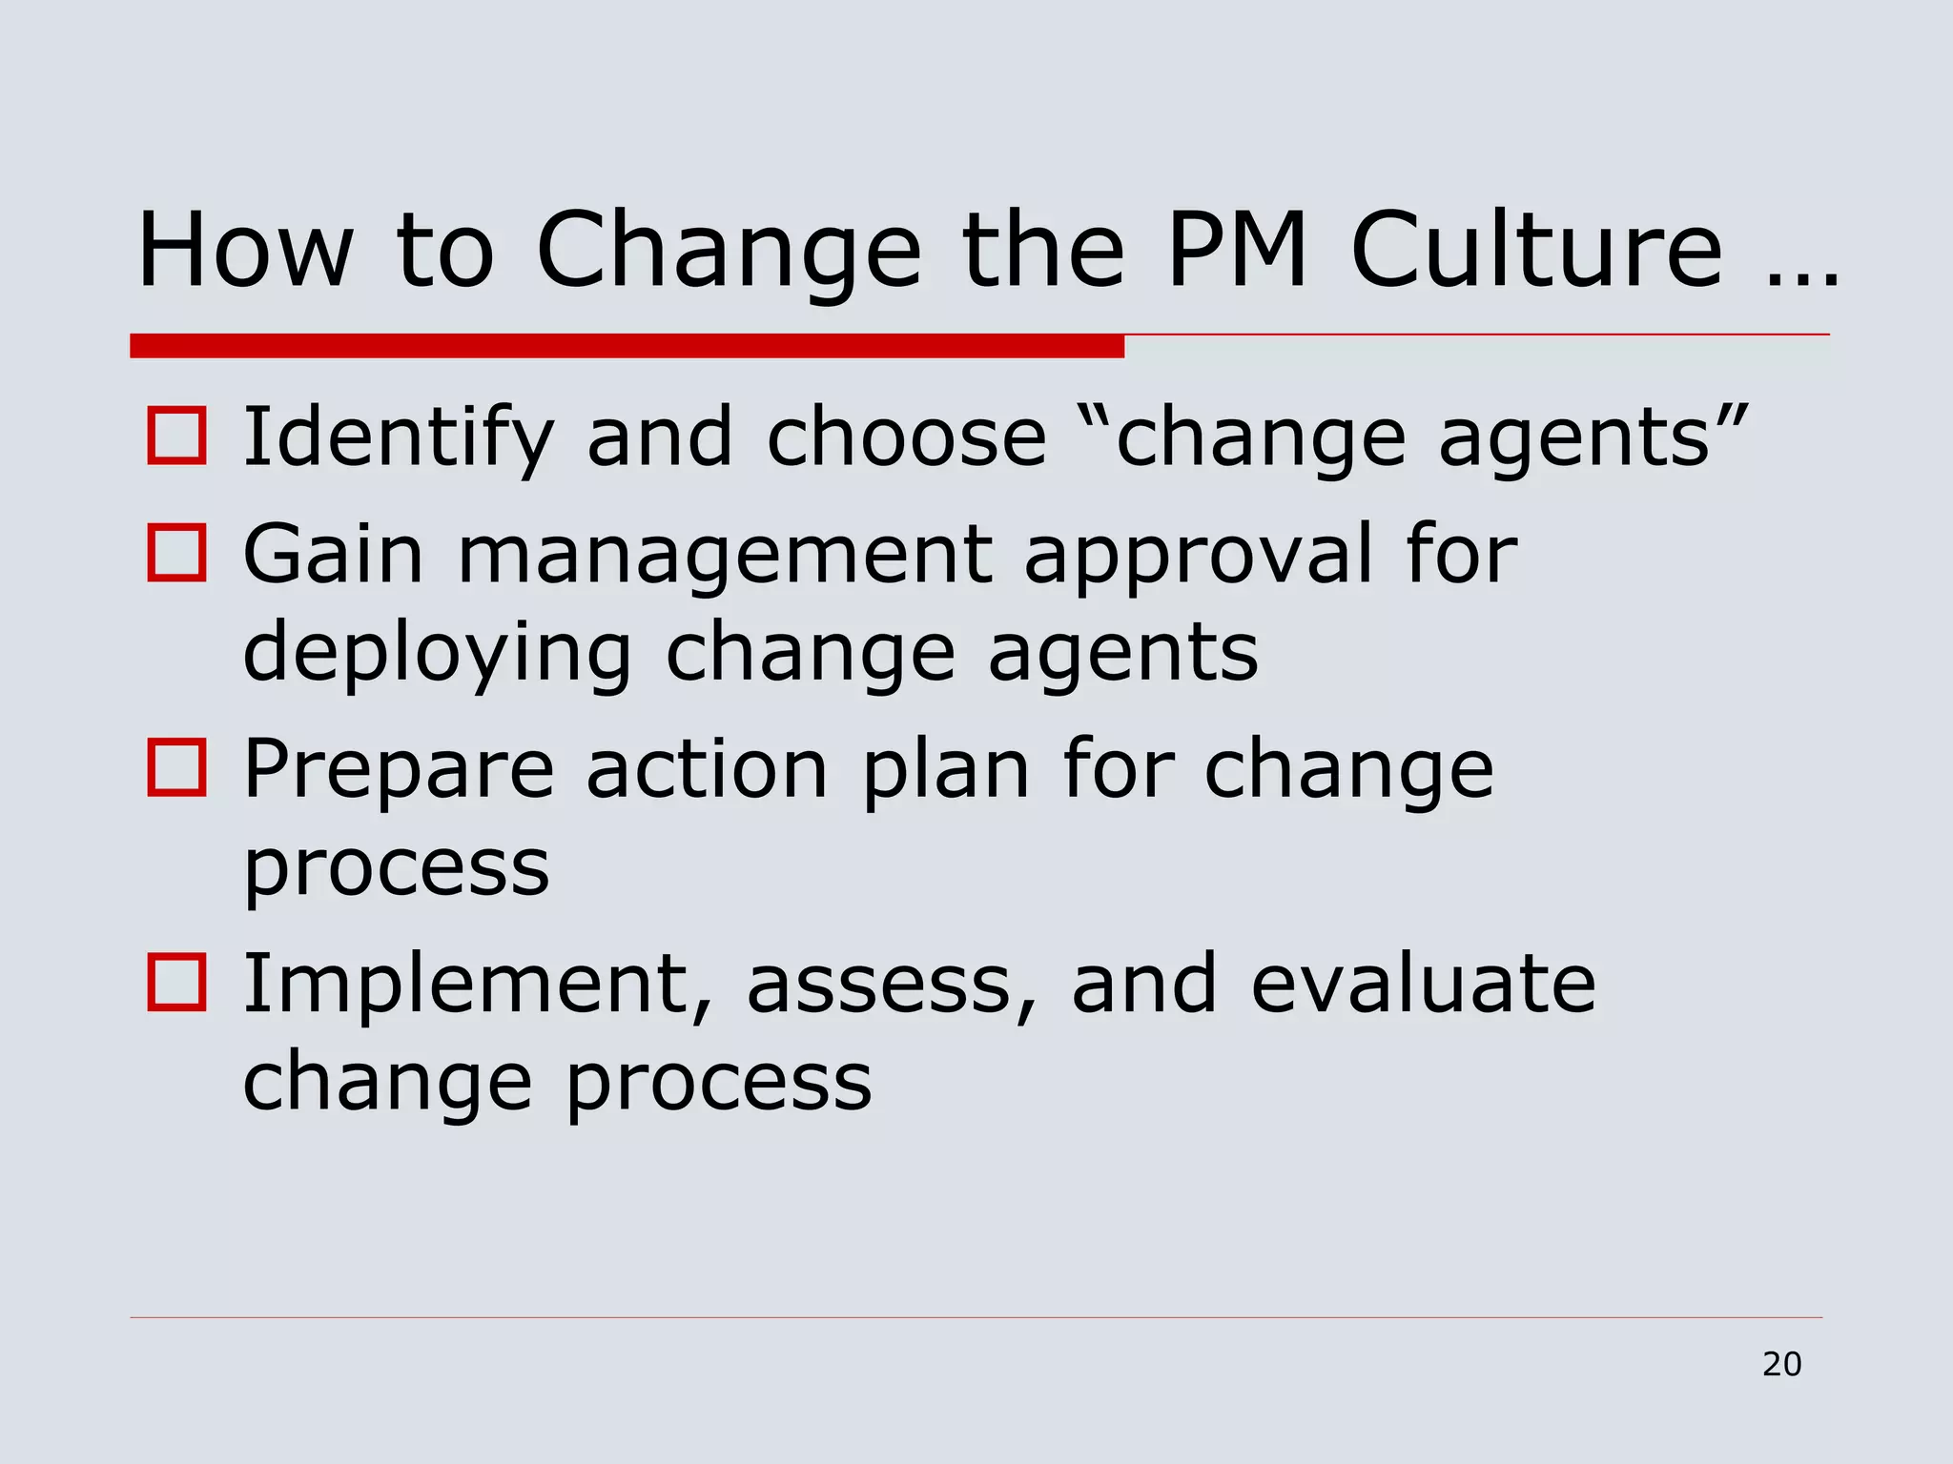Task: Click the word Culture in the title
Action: tap(1537, 250)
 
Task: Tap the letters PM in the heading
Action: tap(1238, 250)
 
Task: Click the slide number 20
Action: tap(1781, 1365)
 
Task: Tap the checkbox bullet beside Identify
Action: tap(176, 437)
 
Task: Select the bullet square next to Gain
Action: tap(176, 553)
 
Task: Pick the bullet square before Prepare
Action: tap(176, 768)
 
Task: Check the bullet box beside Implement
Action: tap(176, 983)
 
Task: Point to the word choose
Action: tap(907, 438)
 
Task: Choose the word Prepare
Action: tap(399, 770)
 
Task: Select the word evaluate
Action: tap(1423, 985)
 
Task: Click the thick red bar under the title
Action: tap(627, 346)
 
